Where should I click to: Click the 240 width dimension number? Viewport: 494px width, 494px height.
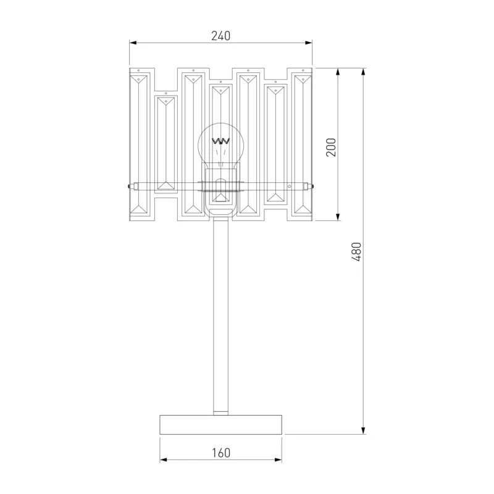click(x=221, y=36)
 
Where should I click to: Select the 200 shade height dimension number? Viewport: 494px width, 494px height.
click(x=331, y=147)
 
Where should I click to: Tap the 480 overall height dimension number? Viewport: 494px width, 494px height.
click(x=356, y=252)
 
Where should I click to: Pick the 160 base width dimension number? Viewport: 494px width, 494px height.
click(x=221, y=453)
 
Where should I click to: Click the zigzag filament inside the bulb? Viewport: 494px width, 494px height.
click(x=220, y=141)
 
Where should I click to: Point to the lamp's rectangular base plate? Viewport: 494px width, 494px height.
click(x=220, y=425)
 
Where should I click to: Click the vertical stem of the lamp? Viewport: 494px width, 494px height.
click(x=220, y=315)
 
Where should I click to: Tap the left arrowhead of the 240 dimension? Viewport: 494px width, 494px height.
click(x=133, y=43)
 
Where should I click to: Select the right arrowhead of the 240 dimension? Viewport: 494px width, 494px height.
click(x=308, y=43)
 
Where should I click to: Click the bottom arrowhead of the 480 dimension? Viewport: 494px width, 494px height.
click(x=363, y=430)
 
